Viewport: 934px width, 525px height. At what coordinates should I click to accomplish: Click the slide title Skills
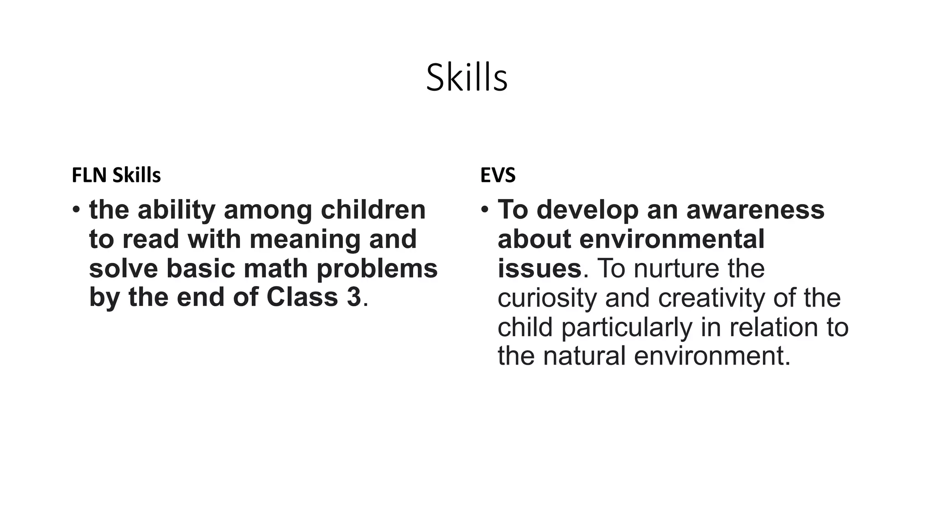click(x=467, y=78)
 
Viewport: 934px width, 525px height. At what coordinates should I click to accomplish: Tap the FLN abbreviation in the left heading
click(x=89, y=175)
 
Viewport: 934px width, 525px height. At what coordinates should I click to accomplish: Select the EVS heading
click(x=498, y=175)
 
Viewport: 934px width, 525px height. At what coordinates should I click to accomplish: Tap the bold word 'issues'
click(x=540, y=268)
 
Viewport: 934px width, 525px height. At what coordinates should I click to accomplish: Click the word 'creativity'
click(x=712, y=298)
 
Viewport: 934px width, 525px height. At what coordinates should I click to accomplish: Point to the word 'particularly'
click(x=627, y=327)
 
